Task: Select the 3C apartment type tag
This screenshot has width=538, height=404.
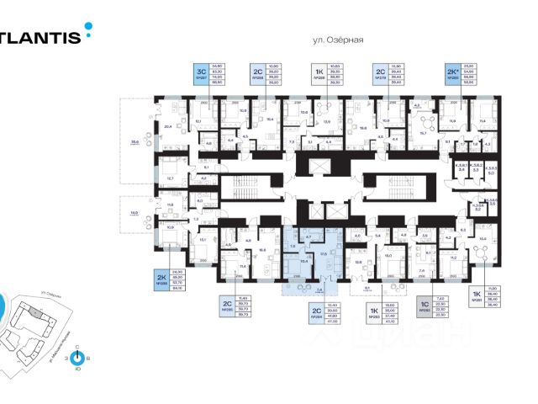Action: click(x=201, y=72)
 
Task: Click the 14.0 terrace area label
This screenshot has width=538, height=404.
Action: click(x=134, y=214)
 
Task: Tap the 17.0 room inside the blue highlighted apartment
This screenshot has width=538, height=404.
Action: click(x=323, y=252)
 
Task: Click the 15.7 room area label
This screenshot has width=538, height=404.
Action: click(x=424, y=132)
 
